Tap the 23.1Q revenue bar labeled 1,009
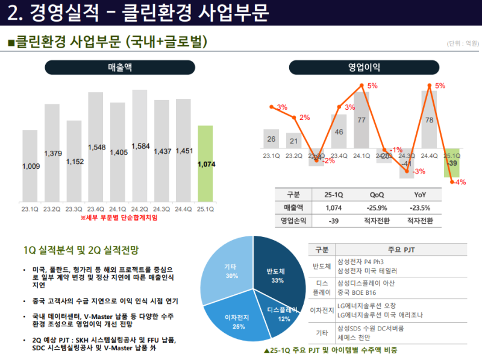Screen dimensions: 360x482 (30, 166)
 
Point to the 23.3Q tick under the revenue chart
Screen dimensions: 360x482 (74, 209)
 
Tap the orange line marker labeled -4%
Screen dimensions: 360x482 (452, 182)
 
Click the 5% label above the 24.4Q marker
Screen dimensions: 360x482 (440, 86)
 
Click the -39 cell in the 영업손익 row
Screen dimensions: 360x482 (333, 221)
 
